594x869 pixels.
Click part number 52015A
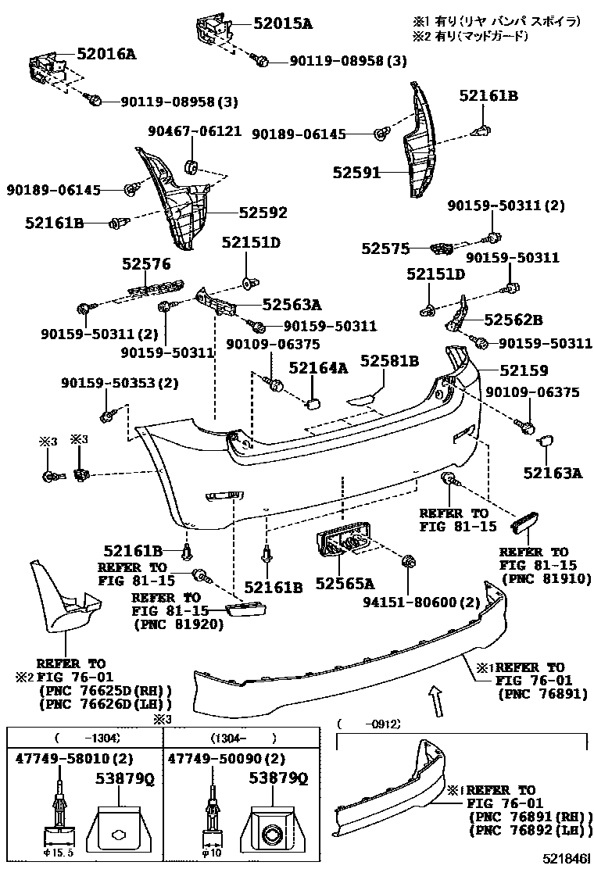(282, 24)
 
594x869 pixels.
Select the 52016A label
(106, 54)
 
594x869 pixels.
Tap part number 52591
(356, 172)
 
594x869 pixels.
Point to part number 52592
(263, 213)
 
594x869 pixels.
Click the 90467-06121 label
(195, 131)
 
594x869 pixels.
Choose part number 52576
(146, 265)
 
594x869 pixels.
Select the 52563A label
(292, 306)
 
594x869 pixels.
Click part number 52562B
(513, 320)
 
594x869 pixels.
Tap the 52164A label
(318, 367)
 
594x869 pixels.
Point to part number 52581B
(389, 360)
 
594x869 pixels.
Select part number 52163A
(553, 472)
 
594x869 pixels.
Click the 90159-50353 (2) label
(120, 383)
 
